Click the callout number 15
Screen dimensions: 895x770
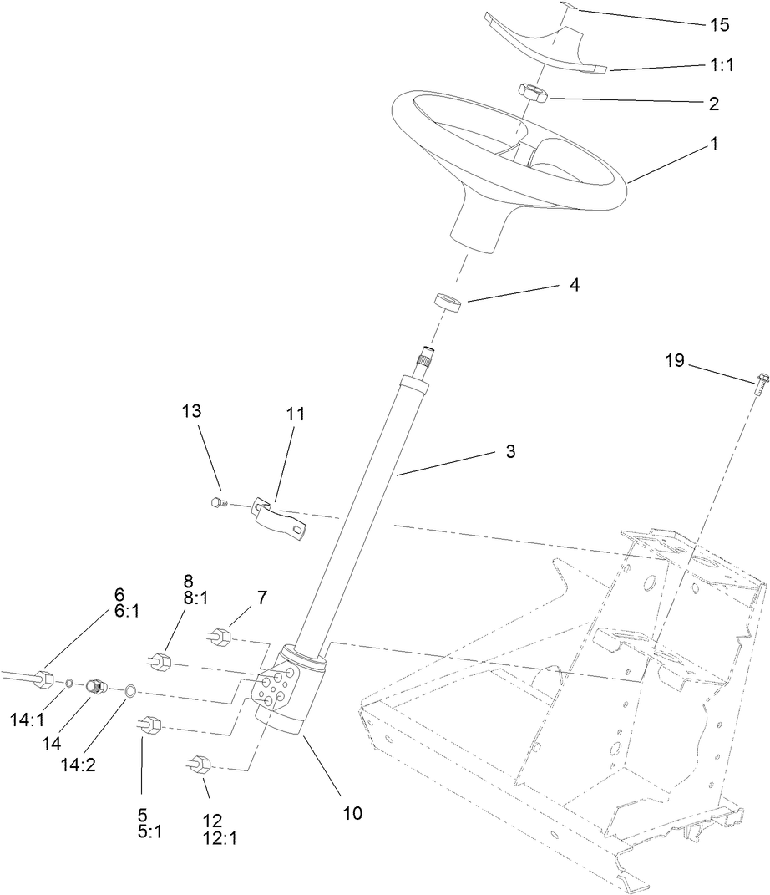coord(719,25)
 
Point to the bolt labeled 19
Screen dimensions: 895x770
coord(760,385)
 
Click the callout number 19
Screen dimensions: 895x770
coord(675,361)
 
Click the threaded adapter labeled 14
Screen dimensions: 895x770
coord(97,687)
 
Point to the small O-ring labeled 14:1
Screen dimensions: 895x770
coord(69,684)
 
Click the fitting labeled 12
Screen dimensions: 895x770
coord(200,764)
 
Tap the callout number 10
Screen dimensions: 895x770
coord(352,812)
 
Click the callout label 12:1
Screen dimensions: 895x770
coord(220,838)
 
